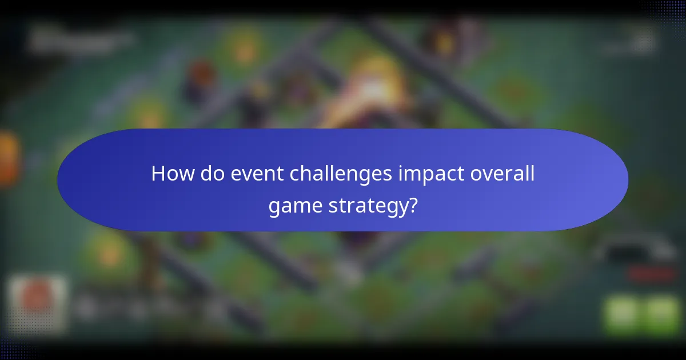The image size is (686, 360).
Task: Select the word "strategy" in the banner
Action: [x=366, y=205]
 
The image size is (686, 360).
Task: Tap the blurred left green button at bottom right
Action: [x=621, y=314]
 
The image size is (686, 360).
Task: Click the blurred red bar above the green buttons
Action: [x=652, y=274]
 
